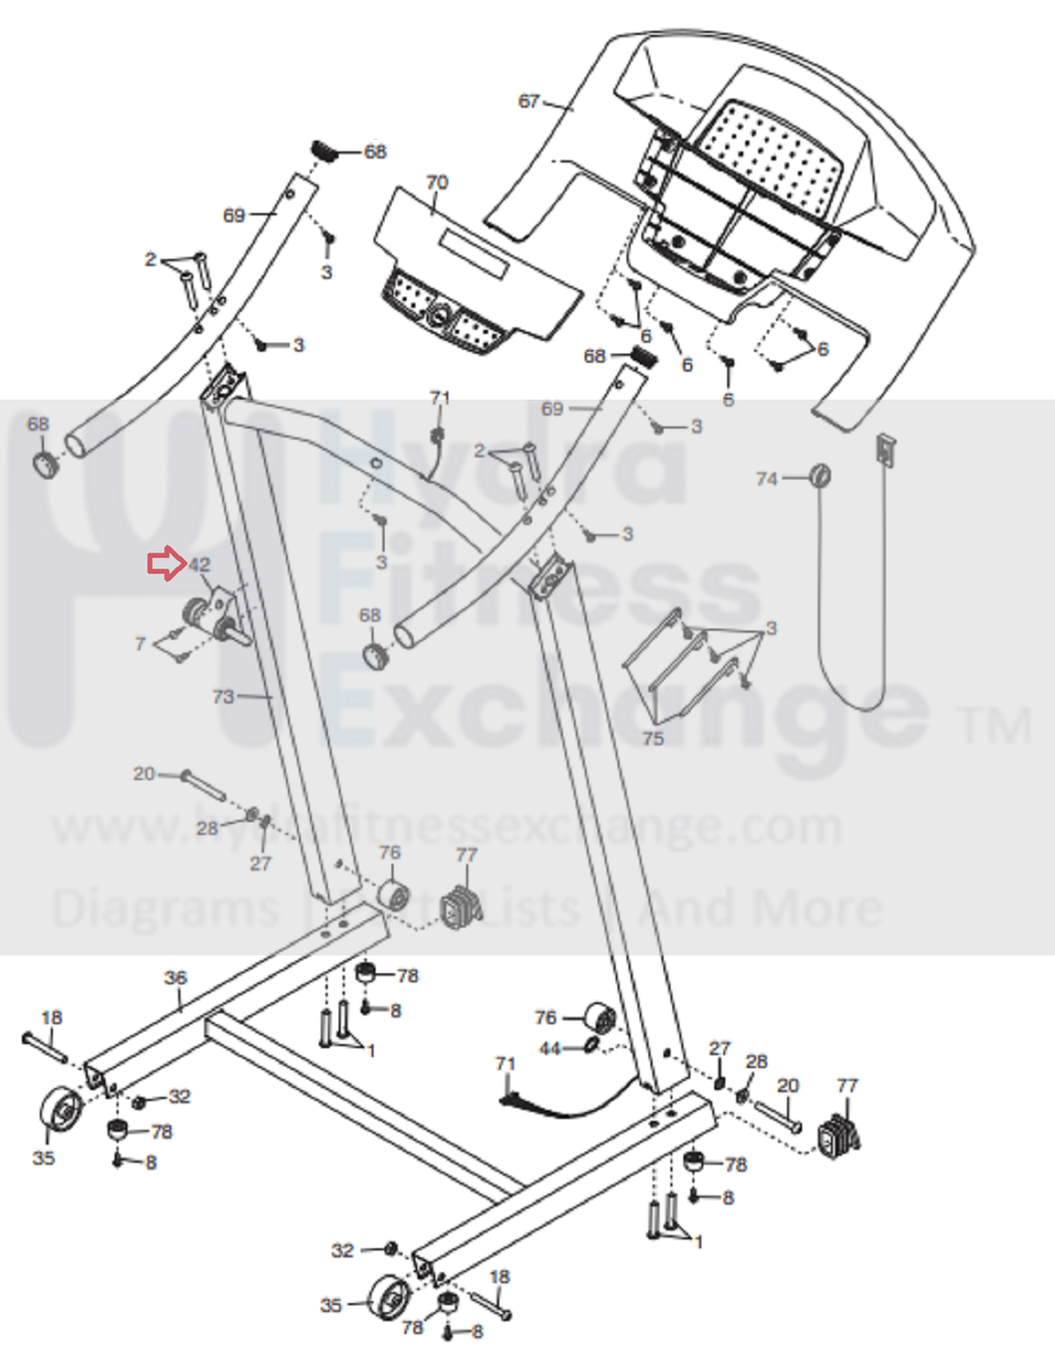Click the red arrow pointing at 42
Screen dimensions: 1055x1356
(x=166, y=564)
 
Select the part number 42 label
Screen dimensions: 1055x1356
(x=200, y=565)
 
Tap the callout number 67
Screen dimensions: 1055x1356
(x=529, y=101)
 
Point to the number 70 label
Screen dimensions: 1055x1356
(x=437, y=182)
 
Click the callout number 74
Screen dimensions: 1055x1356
(x=766, y=479)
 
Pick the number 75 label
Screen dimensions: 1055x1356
(x=653, y=739)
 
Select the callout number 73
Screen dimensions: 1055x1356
(x=223, y=696)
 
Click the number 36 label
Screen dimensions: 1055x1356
(x=176, y=978)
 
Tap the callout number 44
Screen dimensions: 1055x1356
(x=549, y=1048)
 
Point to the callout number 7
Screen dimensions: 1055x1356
(x=141, y=644)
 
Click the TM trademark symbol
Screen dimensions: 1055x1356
(x=996, y=725)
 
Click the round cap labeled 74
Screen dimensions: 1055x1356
(x=820, y=475)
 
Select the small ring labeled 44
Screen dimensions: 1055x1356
(x=590, y=1045)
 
